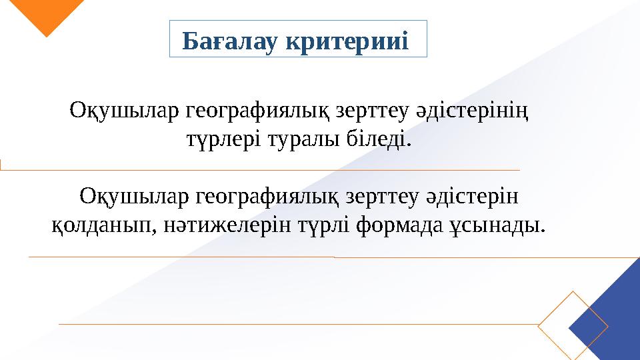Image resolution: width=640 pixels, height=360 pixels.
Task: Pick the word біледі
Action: (x=379, y=140)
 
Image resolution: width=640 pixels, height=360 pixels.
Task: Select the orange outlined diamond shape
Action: (x=573, y=324)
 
